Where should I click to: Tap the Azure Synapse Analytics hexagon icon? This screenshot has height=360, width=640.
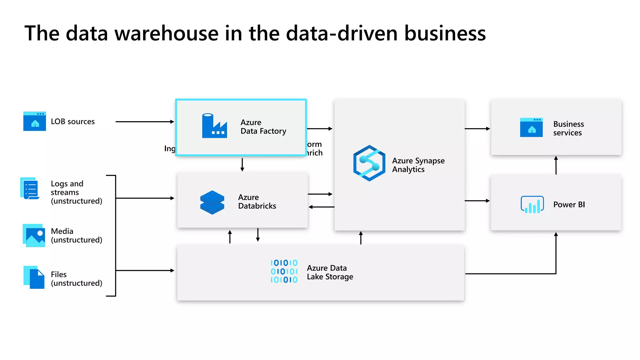point(369,163)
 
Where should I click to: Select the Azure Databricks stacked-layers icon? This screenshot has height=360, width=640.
point(212,202)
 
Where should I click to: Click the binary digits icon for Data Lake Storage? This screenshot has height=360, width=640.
point(284,271)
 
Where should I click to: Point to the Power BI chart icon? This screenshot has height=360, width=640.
point(532,205)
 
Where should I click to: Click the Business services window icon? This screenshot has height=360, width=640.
point(531,127)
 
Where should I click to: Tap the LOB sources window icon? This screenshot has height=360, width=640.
point(35,121)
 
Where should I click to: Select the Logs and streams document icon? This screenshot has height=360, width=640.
point(30,189)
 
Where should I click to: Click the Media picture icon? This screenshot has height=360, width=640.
point(34,236)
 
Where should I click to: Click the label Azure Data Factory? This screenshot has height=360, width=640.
point(263,127)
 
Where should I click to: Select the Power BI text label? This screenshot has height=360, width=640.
point(569,205)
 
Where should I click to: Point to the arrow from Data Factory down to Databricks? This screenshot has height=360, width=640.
point(242,165)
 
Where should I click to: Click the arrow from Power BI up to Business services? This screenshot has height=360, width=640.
point(556,165)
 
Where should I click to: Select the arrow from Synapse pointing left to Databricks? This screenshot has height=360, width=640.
point(321,207)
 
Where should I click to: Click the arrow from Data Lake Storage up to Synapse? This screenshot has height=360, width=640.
point(361,238)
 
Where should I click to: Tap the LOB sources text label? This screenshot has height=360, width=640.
point(72,122)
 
